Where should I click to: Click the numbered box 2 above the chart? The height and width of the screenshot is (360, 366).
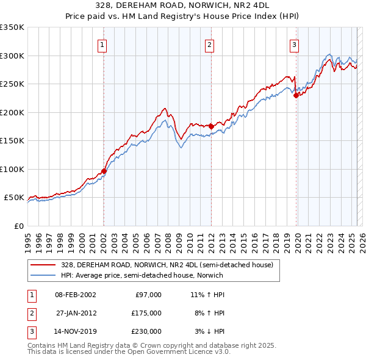click(x=209, y=45)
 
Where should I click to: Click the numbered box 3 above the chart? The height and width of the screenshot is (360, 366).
click(x=294, y=45)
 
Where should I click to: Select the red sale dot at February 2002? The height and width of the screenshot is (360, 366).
click(x=104, y=171)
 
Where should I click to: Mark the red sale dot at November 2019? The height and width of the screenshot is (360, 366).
click(x=296, y=95)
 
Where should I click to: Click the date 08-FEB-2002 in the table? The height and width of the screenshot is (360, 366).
click(x=75, y=295)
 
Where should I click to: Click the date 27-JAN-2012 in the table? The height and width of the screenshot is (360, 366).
click(x=75, y=313)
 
